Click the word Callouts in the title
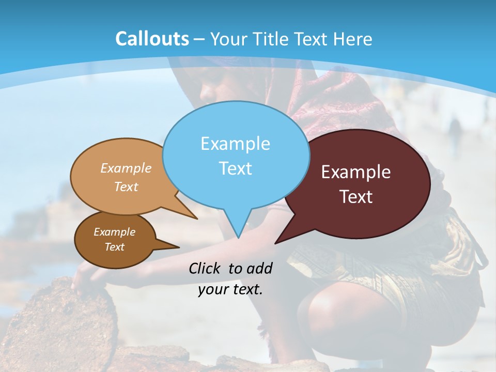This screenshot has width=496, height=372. pos(152,39)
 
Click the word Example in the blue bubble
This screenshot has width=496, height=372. pos(235,144)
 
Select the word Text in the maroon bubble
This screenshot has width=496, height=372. pos(356,197)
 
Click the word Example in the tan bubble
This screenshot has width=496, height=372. pos(126,168)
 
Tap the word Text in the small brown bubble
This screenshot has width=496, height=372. pos(114,247)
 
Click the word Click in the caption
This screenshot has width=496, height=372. pos(206,268)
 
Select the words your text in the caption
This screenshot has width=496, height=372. pos(230,289)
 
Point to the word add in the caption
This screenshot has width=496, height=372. pos(259,268)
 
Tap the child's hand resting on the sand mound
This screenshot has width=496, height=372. pos(85,279)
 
